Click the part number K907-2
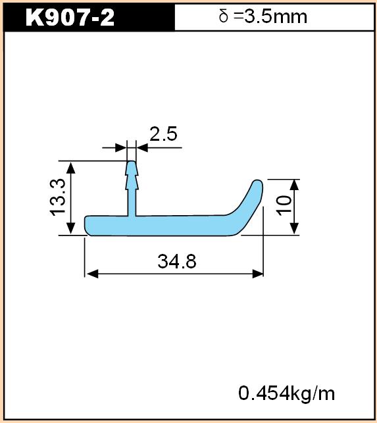[70, 17]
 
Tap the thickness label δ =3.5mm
[263, 16]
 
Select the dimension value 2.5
[163, 134]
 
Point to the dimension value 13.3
[58, 197]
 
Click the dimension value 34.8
[177, 261]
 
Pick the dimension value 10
[284, 205]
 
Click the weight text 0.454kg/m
[287, 393]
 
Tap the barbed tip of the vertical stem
[132, 176]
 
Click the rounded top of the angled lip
[258, 183]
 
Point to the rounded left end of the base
[88, 226]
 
